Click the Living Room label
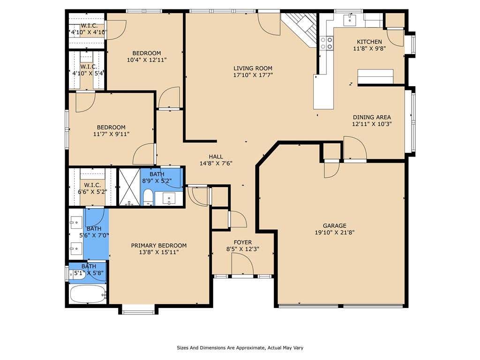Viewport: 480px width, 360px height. pyautogui.click(x=253, y=68)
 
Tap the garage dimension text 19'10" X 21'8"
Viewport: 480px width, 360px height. pyautogui.click(x=335, y=232)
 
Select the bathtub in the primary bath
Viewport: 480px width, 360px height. pyautogui.click(x=88, y=293)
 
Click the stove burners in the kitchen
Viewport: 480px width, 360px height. pyautogui.click(x=326, y=43)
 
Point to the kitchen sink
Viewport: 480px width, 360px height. pyautogui.click(x=350, y=20)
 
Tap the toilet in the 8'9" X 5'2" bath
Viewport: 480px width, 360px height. pyautogui.click(x=148, y=197)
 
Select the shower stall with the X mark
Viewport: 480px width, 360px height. pyautogui.click(x=129, y=187)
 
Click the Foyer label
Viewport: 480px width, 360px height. pyautogui.click(x=243, y=242)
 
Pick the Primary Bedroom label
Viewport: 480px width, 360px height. pyautogui.click(x=159, y=246)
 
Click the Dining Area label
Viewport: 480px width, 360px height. pyautogui.click(x=372, y=117)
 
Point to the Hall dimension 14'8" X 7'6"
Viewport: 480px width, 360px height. pyautogui.click(x=216, y=164)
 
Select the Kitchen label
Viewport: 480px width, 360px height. pyautogui.click(x=369, y=42)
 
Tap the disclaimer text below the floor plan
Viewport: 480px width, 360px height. pyautogui.click(x=240, y=348)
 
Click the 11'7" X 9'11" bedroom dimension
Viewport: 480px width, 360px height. pyautogui.click(x=112, y=134)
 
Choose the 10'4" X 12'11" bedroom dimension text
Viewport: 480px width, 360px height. pyautogui.click(x=147, y=60)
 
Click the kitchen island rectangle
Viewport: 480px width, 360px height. pyautogui.click(x=375, y=76)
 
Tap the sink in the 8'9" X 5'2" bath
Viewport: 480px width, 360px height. pyautogui.click(x=169, y=198)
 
